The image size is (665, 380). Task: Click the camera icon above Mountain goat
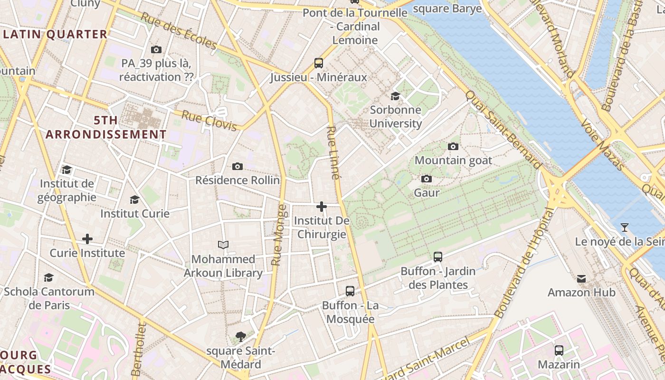coord(453,146)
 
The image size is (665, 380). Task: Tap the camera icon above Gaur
coord(427,179)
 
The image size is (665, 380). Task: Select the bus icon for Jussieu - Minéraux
coord(319,63)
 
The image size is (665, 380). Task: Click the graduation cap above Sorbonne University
coord(395,96)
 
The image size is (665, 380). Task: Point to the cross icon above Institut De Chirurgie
coord(322,207)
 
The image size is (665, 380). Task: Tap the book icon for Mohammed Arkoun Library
coord(223,245)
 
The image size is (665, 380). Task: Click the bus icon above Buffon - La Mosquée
coord(350,291)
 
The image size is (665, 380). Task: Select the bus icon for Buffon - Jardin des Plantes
coord(438,257)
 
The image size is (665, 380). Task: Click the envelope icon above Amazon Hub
coord(581,278)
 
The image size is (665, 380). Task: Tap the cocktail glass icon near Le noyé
coord(625,228)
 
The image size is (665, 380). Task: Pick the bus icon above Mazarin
coord(559,351)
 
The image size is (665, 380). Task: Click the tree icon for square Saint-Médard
coord(241,337)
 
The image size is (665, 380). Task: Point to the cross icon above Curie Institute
coord(87,238)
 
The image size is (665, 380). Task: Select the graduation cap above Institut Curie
coord(135,199)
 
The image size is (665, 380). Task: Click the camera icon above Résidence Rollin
coord(237,166)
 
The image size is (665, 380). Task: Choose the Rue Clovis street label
coord(209,121)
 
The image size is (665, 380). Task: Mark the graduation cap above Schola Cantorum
coord(48,277)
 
